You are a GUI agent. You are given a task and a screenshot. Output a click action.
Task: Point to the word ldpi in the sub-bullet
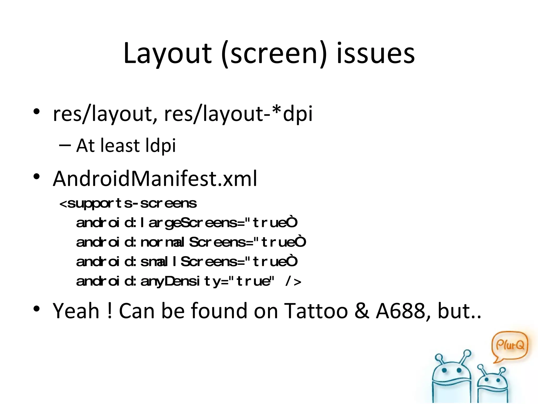[x=161, y=146]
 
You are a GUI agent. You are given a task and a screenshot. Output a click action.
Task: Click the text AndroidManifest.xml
[x=155, y=179]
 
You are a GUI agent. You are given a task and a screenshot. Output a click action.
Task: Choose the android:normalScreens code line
[x=191, y=242]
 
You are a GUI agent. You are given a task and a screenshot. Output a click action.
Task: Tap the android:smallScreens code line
[x=187, y=262]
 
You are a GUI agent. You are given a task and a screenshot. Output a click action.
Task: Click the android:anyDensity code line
[x=188, y=281]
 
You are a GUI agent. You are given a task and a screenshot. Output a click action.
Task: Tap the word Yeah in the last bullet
[x=76, y=311]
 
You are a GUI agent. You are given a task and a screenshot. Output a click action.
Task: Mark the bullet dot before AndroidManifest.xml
[x=37, y=176]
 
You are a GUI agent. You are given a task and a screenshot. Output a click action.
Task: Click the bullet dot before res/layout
[x=37, y=112]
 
